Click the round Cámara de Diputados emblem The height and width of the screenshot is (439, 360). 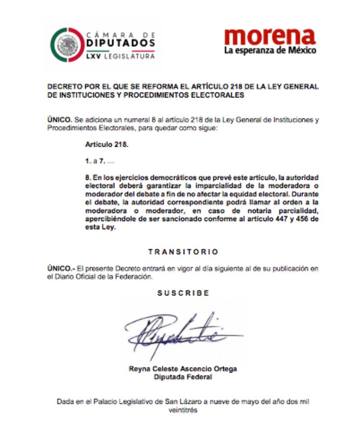point(67,45)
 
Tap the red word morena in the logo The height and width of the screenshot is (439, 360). point(270,36)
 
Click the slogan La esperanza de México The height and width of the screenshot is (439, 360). point(270,50)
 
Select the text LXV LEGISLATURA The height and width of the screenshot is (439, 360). point(121,57)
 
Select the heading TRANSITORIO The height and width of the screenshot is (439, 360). point(183,252)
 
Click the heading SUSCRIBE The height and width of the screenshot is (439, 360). point(183,293)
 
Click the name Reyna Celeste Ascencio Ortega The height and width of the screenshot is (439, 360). point(183,369)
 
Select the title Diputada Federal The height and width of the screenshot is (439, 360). point(183,377)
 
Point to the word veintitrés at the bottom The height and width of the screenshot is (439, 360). point(183,410)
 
